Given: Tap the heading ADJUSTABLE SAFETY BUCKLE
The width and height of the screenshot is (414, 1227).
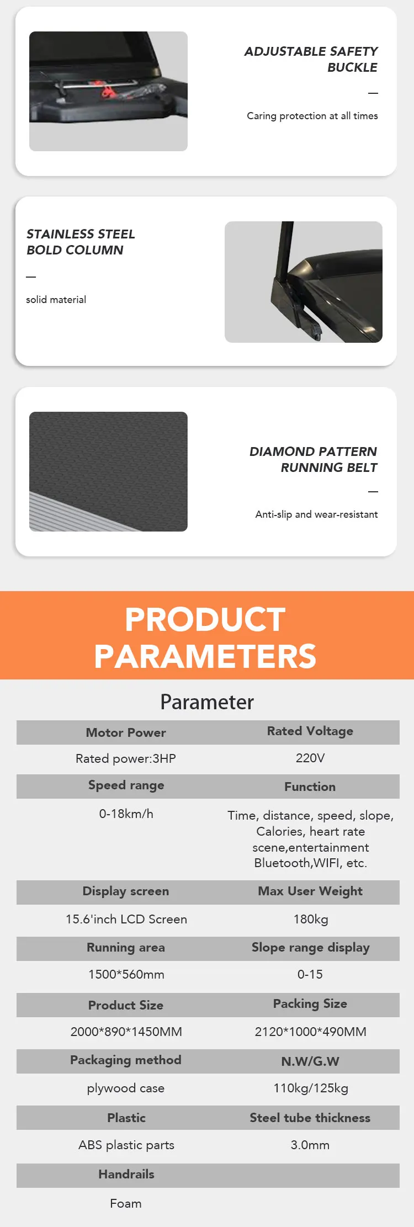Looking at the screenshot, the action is coord(311,59).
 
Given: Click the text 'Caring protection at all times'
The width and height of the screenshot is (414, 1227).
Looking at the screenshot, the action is coord(312,116).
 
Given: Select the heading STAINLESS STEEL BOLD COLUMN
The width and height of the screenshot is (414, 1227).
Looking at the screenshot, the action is coord(81,242).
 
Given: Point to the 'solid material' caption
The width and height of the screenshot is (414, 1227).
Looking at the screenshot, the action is coord(56,300).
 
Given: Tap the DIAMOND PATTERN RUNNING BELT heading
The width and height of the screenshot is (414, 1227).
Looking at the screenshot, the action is coord(313,459).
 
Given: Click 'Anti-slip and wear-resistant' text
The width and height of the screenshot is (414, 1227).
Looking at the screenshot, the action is coord(316,514).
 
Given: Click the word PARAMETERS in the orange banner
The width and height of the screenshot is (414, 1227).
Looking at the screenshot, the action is coord(205,656).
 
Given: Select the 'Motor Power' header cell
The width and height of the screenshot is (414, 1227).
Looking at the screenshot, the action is coord(126,732).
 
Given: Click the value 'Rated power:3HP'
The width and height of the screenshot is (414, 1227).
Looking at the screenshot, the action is coord(126,758).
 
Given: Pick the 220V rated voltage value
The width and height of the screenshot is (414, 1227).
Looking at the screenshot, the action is coord(310,758).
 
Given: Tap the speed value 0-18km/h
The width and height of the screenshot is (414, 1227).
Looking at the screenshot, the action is coord(126,814).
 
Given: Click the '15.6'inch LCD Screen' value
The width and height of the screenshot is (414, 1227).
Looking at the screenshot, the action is coord(126,919).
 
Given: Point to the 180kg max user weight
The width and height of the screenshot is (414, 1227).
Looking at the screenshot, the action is coord(311,919).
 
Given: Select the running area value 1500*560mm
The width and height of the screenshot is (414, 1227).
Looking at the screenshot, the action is coord(126,974).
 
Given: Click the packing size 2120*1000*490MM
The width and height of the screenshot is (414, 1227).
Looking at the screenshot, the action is coord(311,1032).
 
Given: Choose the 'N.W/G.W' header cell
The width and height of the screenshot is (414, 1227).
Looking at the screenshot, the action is coord(310,1061).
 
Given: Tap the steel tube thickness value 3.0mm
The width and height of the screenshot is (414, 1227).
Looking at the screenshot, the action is coord(310,1145).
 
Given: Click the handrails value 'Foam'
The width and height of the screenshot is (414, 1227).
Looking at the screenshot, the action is coord(126,1203).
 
